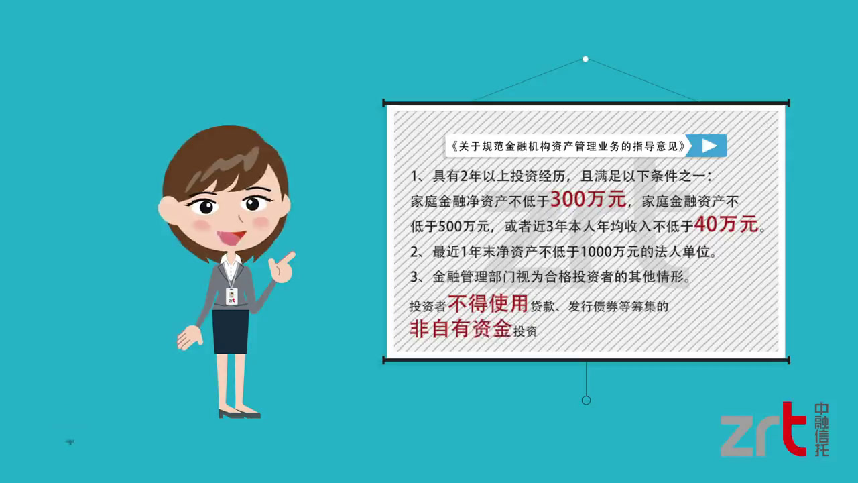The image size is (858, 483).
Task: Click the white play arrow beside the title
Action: (x=709, y=146)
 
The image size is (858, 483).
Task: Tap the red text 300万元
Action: (x=589, y=199)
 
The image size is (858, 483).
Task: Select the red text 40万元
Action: (x=726, y=224)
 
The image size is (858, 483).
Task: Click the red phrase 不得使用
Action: (x=488, y=304)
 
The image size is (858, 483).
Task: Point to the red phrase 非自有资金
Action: (x=461, y=329)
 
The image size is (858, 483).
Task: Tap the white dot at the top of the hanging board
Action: (x=585, y=59)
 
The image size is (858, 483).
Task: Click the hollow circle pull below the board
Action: (x=586, y=400)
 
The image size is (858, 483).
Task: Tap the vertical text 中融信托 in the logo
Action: (x=822, y=429)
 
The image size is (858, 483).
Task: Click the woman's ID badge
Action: (x=231, y=297)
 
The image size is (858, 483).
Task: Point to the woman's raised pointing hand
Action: (x=282, y=267)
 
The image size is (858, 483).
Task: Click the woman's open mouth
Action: (x=231, y=237)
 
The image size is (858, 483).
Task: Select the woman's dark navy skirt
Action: (x=230, y=331)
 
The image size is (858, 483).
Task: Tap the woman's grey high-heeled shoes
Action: (x=240, y=413)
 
